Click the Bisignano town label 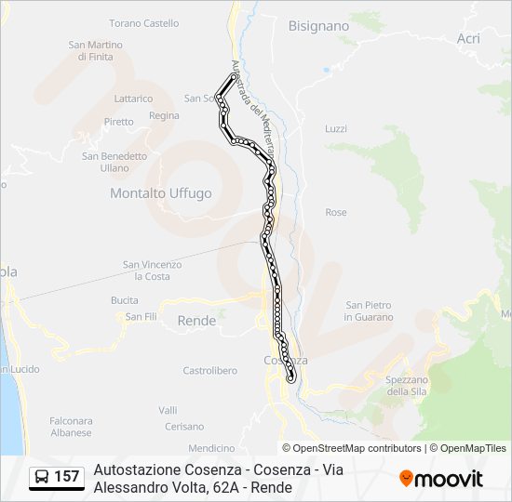[318, 26]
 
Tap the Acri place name [468, 38]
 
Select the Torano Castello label [143, 22]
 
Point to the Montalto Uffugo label [161, 193]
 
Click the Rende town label [196, 321]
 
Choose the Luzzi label [336, 128]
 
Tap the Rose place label [336, 213]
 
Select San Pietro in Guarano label [369, 310]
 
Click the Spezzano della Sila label [406, 385]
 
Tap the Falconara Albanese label [71, 427]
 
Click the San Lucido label [20, 369]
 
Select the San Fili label [141, 317]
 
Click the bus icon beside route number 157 [42, 477]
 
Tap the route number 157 [67, 477]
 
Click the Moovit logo [441, 478]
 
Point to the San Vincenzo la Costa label [153, 271]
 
